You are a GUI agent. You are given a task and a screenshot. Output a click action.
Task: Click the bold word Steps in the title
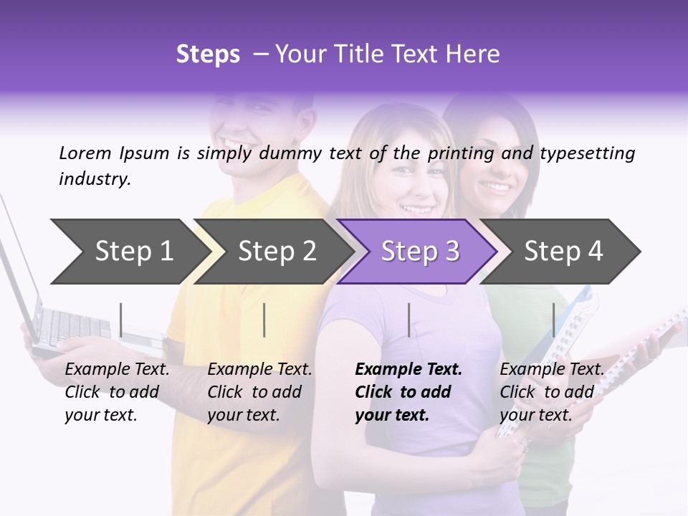(208, 54)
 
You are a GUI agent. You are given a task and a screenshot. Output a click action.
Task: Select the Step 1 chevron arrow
(129, 252)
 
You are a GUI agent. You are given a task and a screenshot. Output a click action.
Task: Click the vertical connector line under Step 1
(121, 320)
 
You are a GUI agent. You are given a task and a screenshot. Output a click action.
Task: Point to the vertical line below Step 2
(264, 320)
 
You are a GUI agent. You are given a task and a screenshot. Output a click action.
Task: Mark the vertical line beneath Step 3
(409, 320)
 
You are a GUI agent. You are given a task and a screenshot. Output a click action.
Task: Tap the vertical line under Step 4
(553, 320)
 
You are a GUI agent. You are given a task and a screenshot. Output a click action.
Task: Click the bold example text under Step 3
(408, 392)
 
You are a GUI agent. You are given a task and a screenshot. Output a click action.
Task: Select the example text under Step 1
(117, 392)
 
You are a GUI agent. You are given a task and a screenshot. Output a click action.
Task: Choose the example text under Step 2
(259, 392)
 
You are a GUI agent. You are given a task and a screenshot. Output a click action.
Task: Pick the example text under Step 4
(551, 392)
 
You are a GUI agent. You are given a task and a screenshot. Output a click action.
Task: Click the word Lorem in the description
(85, 153)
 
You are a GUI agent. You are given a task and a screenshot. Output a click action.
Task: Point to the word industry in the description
(94, 178)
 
